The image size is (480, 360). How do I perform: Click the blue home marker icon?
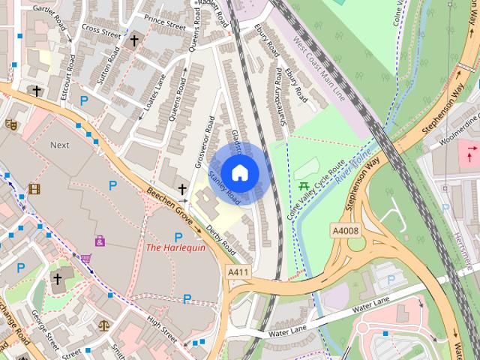239,173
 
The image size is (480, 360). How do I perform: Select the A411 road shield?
238,274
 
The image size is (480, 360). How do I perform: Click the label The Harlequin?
175,247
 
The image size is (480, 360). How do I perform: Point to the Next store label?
60,145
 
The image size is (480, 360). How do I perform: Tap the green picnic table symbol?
304,186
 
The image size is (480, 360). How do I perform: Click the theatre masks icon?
11,124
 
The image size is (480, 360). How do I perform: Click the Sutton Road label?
108,66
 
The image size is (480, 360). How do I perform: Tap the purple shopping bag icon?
100,241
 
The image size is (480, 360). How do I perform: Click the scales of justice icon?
103,325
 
